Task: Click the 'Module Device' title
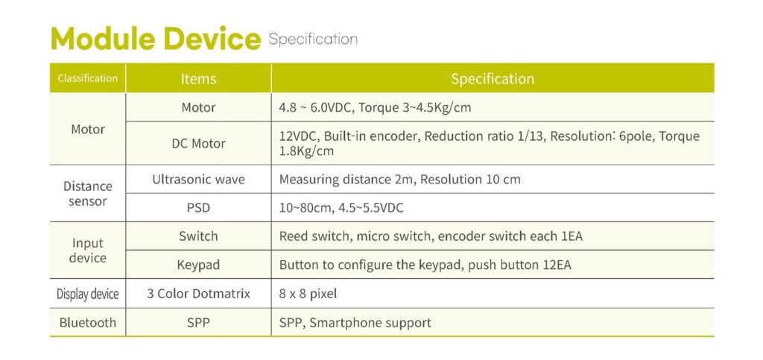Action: [156, 39]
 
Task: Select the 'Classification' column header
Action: [88, 78]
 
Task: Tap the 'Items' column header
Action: [198, 79]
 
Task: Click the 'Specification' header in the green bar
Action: [493, 79]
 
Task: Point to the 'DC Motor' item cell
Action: [198, 144]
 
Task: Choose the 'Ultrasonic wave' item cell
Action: [198, 180]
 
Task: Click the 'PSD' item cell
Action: [198, 208]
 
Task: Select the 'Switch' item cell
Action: [198, 236]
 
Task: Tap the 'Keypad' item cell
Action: [198, 265]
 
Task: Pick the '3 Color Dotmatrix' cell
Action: [198, 294]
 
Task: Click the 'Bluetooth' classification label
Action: [88, 323]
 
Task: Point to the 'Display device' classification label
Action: [88, 294]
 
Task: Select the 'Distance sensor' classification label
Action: [88, 194]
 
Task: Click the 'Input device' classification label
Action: [88, 250]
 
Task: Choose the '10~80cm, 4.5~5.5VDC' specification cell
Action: [341, 208]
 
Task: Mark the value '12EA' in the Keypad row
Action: [557, 265]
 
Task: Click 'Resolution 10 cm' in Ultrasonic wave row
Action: [470, 180]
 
